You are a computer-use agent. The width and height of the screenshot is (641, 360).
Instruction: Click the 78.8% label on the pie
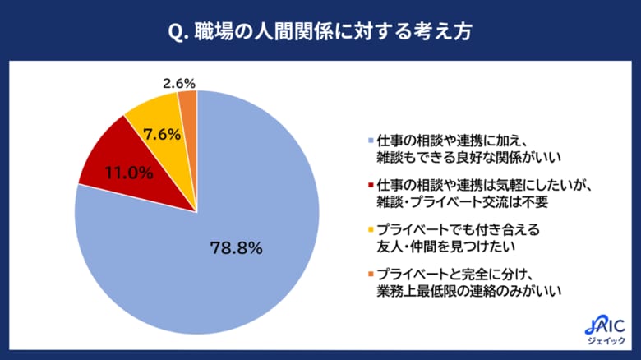[237, 246]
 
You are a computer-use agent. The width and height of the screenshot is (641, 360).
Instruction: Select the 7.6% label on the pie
[162, 133]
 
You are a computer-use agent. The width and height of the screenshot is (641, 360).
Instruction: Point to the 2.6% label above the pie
[179, 82]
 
